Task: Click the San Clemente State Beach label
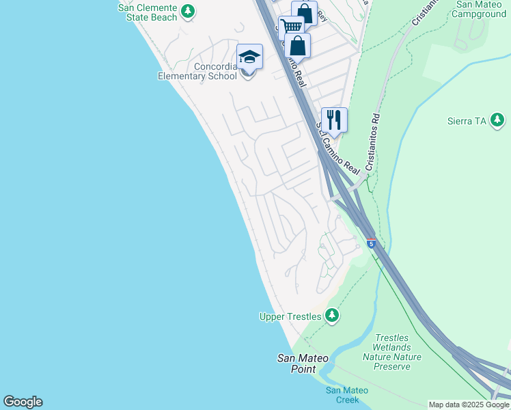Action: click(148, 12)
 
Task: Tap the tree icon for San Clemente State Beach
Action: click(188, 12)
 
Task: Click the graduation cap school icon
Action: click(249, 56)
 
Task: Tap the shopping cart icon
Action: click(291, 27)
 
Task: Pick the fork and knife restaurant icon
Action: click(334, 120)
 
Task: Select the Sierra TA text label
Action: click(467, 121)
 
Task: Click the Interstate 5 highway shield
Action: click(371, 243)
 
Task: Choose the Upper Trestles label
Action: click(291, 316)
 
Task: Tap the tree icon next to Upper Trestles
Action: click(331, 315)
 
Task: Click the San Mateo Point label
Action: click(302, 364)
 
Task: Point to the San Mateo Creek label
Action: click(346, 395)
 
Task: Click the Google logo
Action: click(23, 402)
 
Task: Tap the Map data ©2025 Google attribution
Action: click(469, 405)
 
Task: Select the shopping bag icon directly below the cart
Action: click(297, 46)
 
